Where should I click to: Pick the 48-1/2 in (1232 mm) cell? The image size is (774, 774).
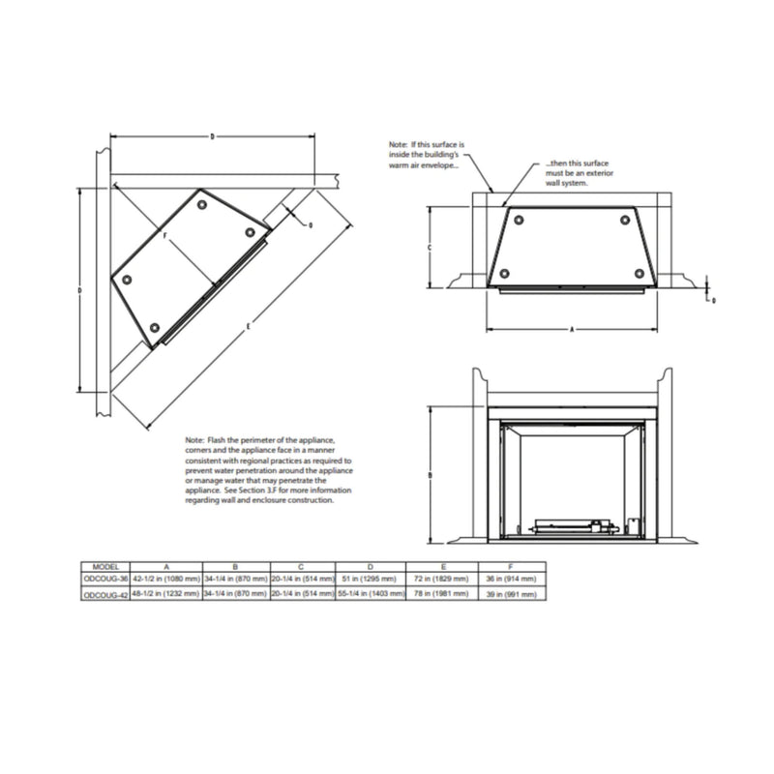[166, 595]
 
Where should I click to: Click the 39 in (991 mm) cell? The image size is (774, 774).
[508, 595]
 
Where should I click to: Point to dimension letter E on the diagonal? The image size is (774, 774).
[249, 326]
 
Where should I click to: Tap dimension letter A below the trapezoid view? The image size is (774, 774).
[572, 330]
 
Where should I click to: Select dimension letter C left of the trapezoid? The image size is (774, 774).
[429, 248]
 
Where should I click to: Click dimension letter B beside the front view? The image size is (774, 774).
[429, 475]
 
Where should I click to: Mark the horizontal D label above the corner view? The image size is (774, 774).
[212, 136]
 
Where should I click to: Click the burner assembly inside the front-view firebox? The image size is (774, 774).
[571, 528]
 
